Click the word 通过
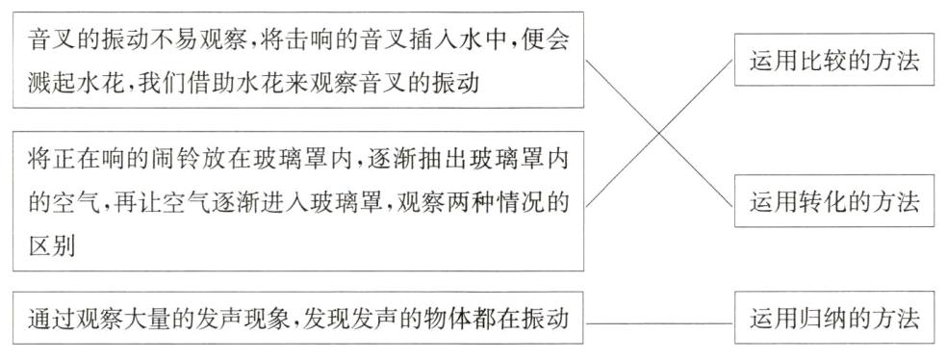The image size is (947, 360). point(51,319)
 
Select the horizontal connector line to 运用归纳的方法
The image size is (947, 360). point(659,320)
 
